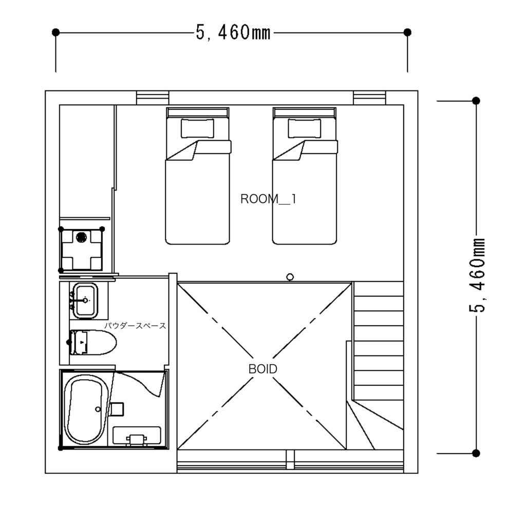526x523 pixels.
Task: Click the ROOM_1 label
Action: (x=268, y=199)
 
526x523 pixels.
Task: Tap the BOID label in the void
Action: (x=262, y=369)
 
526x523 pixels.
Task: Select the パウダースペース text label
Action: (x=135, y=325)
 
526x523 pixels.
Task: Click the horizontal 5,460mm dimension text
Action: (x=233, y=33)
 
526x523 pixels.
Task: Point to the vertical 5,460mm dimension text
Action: (x=476, y=275)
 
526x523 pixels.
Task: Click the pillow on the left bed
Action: (x=197, y=128)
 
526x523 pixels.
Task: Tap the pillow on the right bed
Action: (x=304, y=128)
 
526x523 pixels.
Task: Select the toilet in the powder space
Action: (x=93, y=343)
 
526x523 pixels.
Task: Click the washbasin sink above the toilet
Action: (x=85, y=300)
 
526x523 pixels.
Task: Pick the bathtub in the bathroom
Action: (x=86, y=409)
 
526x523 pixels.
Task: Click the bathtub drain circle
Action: (x=98, y=409)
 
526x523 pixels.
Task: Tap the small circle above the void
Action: (x=290, y=277)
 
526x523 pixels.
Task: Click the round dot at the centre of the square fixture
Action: (x=81, y=237)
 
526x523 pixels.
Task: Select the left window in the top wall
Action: (x=152, y=98)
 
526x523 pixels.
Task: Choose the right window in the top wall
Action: (x=369, y=98)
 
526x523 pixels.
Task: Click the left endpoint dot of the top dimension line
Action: (x=55, y=32)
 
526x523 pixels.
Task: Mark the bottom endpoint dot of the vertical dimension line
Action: (x=476, y=453)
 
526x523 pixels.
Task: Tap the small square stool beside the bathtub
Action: (x=117, y=409)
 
